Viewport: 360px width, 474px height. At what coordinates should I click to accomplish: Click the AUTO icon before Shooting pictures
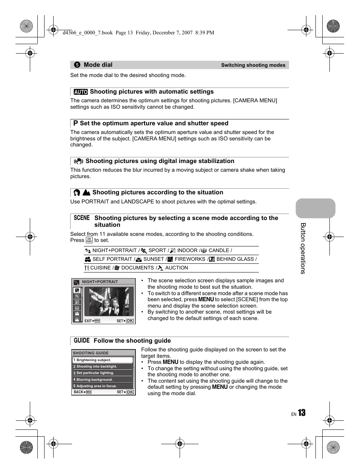tap(80, 92)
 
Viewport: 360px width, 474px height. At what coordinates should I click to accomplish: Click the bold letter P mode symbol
tap(75, 123)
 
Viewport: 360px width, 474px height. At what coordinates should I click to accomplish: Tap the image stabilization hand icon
tap(78, 161)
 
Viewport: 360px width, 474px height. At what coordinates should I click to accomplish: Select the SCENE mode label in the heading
tap(82, 218)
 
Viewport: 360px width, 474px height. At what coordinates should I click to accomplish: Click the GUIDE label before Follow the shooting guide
tap(82, 340)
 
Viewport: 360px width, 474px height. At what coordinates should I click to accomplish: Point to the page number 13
tap(302, 413)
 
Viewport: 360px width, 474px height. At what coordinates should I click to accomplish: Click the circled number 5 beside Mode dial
tap(77, 65)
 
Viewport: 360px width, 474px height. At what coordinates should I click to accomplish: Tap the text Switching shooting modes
tap(253, 65)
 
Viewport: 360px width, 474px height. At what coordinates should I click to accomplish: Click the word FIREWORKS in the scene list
tap(190, 259)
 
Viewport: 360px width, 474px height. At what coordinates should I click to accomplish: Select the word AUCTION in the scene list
tap(177, 268)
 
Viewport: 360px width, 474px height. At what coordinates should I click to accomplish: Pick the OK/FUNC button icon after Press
tap(89, 240)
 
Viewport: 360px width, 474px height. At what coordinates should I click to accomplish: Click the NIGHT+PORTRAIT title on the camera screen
tap(100, 282)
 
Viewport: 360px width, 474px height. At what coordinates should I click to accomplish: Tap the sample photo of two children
tap(109, 302)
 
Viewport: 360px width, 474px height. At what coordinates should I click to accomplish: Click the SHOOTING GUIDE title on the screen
tap(91, 353)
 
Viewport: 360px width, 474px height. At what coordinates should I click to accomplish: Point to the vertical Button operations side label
tap(303, 248)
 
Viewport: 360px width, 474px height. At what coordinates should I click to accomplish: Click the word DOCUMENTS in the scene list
tap(137, 268)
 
